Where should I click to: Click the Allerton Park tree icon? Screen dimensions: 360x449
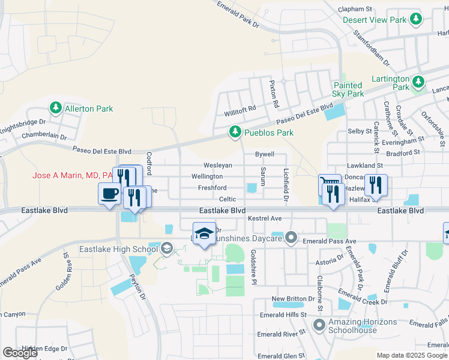coord(56,108)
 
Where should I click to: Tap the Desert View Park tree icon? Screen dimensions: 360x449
coord(415,20)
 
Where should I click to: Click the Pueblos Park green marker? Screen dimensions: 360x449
coord(235,132)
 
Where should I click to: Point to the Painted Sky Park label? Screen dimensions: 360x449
coord(348,90)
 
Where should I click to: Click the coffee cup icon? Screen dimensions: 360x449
coord(109,194)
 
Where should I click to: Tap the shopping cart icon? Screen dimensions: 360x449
coord(328,184)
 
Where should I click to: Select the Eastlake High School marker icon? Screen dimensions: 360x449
coord(167,248)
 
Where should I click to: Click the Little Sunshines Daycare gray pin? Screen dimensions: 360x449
coord(291,238)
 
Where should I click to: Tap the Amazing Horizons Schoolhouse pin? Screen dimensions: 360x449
coord(319,326)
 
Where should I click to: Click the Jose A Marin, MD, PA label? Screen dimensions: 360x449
coord(73,175)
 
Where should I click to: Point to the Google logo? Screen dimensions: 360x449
coord(20,353)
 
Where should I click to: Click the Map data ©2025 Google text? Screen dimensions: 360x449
coord(412,355)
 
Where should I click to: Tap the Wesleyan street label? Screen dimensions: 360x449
coord(217,165)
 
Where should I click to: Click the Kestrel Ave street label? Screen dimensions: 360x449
coord(265,218)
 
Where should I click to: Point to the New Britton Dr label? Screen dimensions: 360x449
coord(293,299)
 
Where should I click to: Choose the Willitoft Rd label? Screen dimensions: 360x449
coord(240,108)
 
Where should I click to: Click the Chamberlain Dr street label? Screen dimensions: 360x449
coord(44,136)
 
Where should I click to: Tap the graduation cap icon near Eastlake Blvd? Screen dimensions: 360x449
coord(204,232)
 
